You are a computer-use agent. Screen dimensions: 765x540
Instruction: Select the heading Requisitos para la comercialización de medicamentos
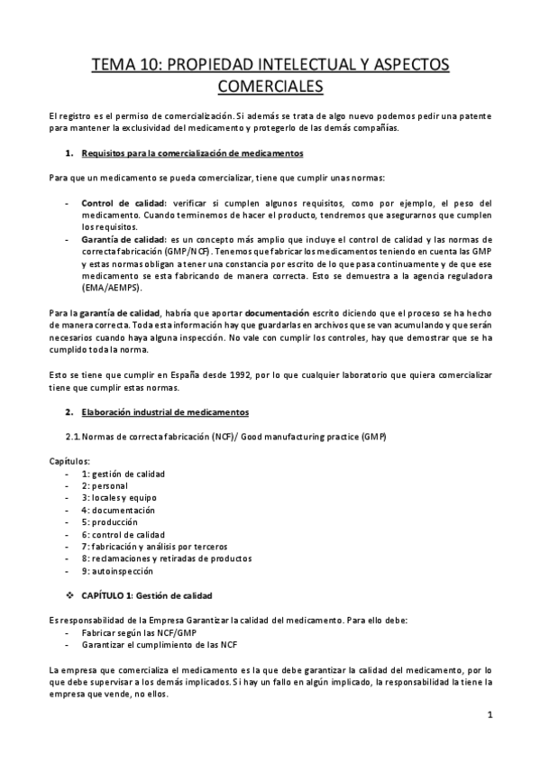click(x=191, y=153)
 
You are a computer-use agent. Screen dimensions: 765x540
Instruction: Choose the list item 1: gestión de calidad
click(x=123, y=474)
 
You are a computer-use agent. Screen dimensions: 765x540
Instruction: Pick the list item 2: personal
click(x=106, y=485)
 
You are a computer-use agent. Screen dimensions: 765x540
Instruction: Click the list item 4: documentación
click(x=117, y=510)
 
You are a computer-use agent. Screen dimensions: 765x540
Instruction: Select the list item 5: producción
click(x=109, y=521)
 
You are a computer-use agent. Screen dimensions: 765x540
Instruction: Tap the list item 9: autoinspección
click(x=117, y=570)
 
